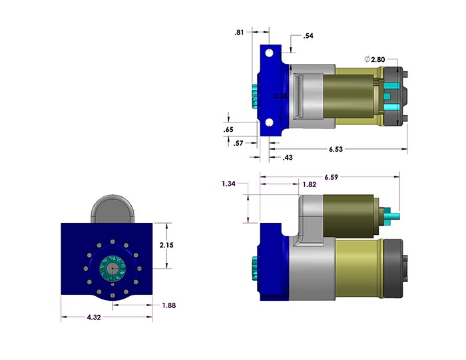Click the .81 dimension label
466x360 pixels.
pyautogui.click(x=239, y=33)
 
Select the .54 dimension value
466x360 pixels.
pyautogui.click(x=308, y=36)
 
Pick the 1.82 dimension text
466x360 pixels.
pyautogui.click(x=308, y=184)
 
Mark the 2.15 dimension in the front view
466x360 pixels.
pyautogui.click(x=166, y=245)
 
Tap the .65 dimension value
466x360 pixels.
pyautogui.click(x=228, y=129)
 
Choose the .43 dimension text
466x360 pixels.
pyautogui.click(x=288, y=157)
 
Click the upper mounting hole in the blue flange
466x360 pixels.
pyautogui.click(x=270, y=53)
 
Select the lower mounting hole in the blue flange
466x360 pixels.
pyautogui.click(x=270, y=122)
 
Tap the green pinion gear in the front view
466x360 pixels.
pyautogui.click(x=111, y=268)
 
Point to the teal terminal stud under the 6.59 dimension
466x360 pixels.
pyautogui.click(x=393, y=215)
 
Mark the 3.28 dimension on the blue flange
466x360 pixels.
pyautogui.click(x=281, y=96)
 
